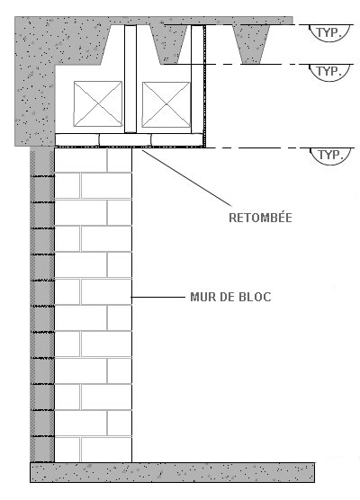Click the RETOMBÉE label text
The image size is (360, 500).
(260, 218)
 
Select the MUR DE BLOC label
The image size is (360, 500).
(230, 297)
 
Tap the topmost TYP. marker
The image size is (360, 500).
(329, 32)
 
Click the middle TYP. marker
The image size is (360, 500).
(329, 72)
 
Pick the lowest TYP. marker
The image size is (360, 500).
(330, 156)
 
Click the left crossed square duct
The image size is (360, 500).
(98, 103)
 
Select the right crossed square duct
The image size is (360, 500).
(166, 104)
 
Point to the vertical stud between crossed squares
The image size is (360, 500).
(130, 79)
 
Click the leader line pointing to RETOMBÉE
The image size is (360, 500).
(186, 178)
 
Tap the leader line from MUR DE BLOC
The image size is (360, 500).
(158, 297)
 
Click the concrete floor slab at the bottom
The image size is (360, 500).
(172, 472)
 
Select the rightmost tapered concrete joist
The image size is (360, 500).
(252, 43)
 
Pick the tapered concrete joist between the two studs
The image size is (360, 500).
(169, 43)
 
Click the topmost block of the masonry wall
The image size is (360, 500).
(81, 160)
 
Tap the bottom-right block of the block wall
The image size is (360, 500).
(106, 450)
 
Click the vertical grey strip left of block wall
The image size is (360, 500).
(42, 304)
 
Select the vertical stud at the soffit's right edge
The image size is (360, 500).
(197, 79)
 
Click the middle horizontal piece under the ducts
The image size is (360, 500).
(125, 139)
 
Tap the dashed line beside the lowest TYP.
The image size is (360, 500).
(280, 148)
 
